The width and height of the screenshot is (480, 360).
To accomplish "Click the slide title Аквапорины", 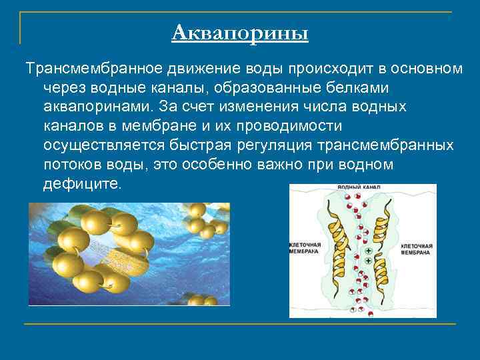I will click(240, 32).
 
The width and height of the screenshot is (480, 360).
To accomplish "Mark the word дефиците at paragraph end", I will click(81, 183).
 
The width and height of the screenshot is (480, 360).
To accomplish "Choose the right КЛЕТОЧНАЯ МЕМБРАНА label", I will click(418, 249).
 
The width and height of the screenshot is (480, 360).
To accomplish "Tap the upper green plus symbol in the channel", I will click(368, 251).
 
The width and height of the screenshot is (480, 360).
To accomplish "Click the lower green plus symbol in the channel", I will click(368, 260).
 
